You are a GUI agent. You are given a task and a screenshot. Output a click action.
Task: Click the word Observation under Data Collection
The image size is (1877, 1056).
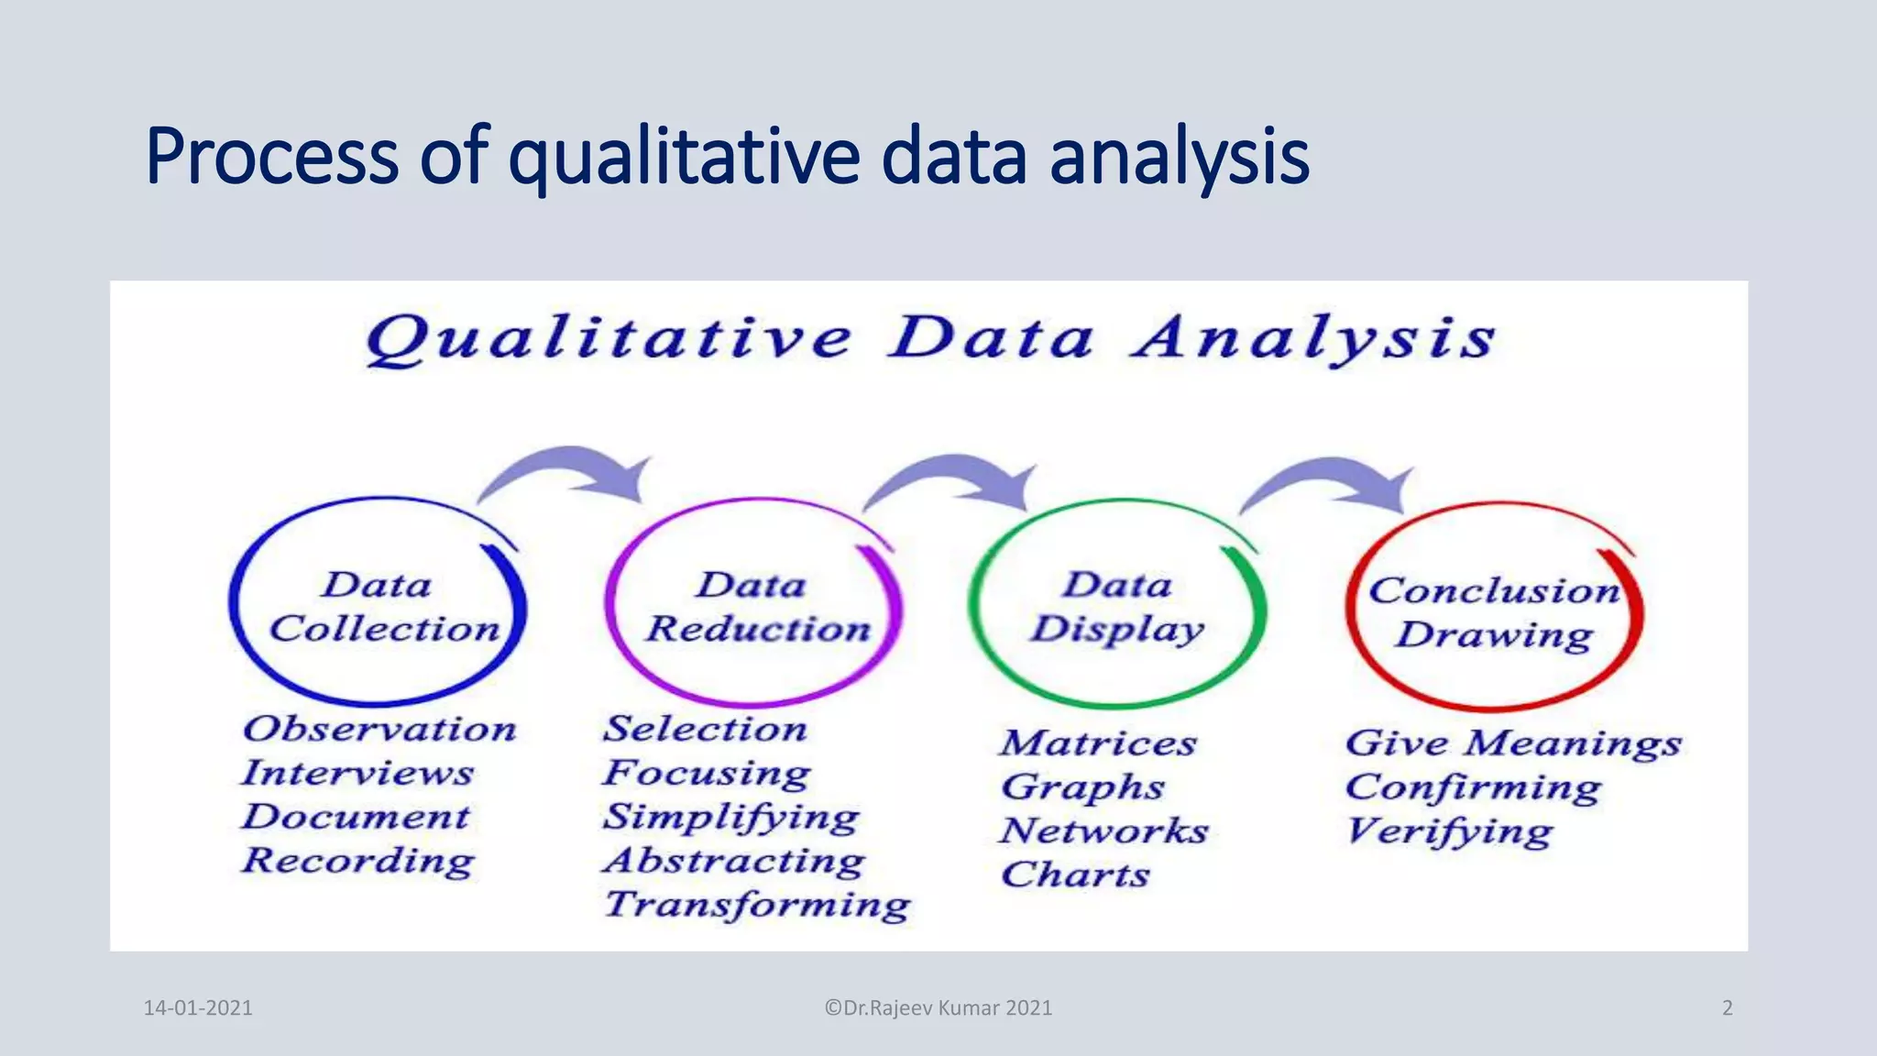coord(379,730)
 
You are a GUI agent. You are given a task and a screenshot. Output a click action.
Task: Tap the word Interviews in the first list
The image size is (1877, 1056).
coord(357,774)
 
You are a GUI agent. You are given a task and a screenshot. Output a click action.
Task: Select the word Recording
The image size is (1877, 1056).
coord(357,862)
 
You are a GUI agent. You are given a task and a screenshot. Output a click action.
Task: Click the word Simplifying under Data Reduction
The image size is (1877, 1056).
coord(730,818)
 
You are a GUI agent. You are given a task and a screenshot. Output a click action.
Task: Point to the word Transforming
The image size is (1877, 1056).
coord(757,906)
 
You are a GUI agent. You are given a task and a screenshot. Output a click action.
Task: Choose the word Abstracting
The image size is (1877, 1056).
coord(733,862)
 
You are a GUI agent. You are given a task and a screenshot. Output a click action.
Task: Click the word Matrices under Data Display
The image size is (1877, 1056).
coord(1098,743)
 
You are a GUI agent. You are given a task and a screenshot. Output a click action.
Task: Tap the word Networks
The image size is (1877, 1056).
coord(1103,831)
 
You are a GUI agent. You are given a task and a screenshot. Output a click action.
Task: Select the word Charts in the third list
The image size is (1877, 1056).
coord(1074,875)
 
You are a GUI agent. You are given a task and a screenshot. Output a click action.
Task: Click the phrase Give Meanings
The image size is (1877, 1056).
coord(1512,743)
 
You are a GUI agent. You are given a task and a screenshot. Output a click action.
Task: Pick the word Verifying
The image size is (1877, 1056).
coord(1448,832)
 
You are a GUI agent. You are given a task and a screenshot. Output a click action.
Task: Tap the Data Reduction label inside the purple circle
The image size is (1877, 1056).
coord(756,607)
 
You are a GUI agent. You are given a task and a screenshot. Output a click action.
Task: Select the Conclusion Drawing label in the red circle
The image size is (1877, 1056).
coord(1494,612)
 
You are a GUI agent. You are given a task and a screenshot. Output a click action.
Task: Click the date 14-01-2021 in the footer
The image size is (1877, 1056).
coord(198,1008)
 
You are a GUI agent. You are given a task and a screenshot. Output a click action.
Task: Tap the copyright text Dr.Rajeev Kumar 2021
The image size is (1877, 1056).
coord(938,1008)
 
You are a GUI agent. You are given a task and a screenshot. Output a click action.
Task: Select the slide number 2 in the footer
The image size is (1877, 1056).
coord(1727,1008)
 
